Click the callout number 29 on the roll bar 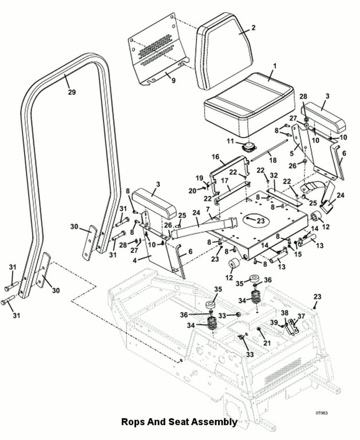pyautogui.click(x=72, y=92)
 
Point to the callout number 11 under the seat pyautogui.click(x=231, y=141)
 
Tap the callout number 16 pyautogui.click(x=215, y=156)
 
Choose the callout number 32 pyautogui.click(x=274, y=175)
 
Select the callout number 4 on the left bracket pyautogui.click(x=135, y=261)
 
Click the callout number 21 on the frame pyautogui.click(x=267, y=343)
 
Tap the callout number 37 pyautogui.click(x=301, y=316)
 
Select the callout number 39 pyautogui.click(x=274, y=323)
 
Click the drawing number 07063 pyautogui.click(x=322, y=412)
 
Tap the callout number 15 pyautogui.click(x=298, y=254)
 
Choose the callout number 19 pyautogui.click(x=199, y=178)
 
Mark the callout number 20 pyautogui.click(x=192, y=191)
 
